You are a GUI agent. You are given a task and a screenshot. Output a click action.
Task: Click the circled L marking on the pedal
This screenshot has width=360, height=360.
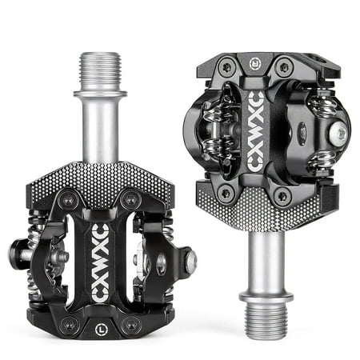(x=101, y=330)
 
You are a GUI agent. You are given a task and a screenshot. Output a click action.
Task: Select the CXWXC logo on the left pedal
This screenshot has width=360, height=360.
(x=100, y=263)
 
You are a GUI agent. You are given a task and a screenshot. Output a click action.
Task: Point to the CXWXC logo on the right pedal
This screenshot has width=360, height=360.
(x=255, y=131)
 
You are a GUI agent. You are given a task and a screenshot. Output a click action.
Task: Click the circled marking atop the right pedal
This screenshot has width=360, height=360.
(x=255, y=64)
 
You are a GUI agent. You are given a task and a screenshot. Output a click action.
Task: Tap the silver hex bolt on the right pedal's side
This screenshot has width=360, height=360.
(x=338, y=134)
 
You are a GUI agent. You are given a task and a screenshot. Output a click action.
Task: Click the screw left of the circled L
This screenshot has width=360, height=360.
(x=70, y=326)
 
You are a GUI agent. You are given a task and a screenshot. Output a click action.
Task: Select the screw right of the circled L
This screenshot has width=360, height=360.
(x=130, y=326)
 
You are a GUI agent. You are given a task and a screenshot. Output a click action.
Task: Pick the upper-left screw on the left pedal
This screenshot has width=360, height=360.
(x=69, y=200)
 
